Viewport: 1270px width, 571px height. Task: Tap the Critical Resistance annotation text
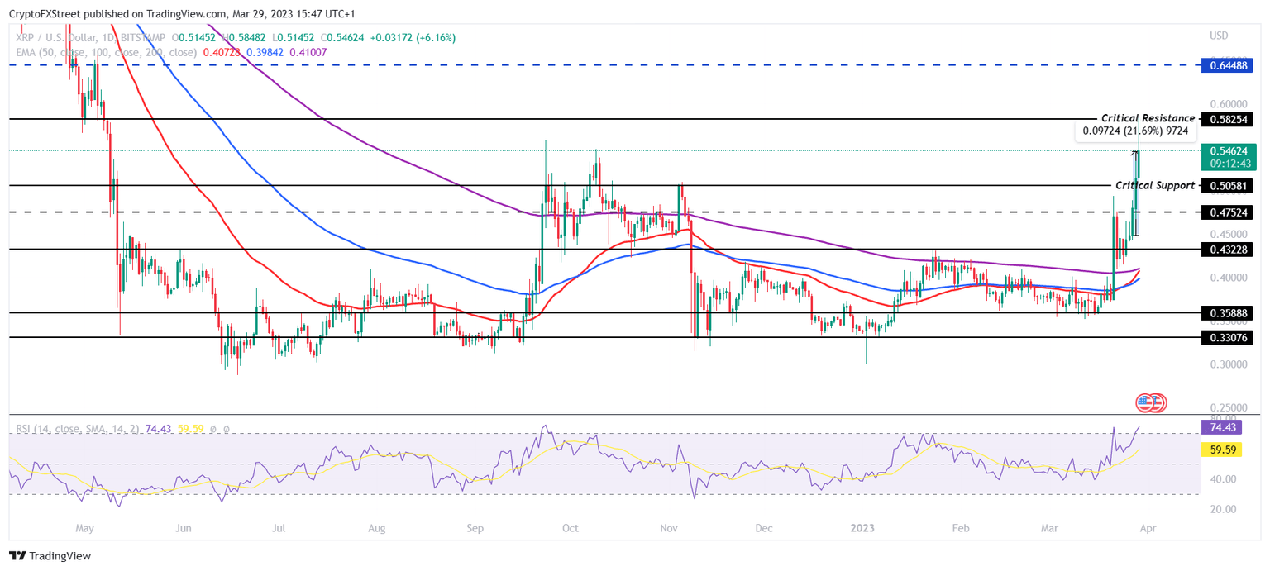pyautogui.click(x=1148, y=119)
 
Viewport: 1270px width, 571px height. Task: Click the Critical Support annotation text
pyautogui.click(x=1154, y=186)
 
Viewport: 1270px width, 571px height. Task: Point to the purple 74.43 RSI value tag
pyautogui.click(x=1222, y=426)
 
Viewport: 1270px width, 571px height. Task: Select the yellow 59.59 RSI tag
pyautogui.click(x=1222, y=450)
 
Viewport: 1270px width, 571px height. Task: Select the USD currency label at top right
pyautogui.click(x=1219, y=36)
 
